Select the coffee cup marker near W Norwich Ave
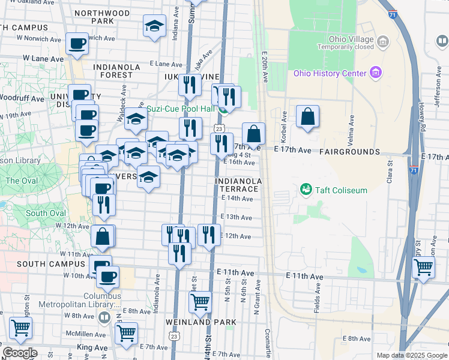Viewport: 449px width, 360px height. [x=77, y=43]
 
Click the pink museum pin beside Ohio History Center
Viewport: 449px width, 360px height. [x=376, y=73]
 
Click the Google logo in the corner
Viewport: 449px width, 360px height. [x=20, y=353]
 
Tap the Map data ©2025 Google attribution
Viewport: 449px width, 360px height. [x=411, y=355]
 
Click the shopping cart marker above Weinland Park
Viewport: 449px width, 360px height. [x=200, y=301]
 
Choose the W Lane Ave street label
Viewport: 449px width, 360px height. [x=43, y=59]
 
